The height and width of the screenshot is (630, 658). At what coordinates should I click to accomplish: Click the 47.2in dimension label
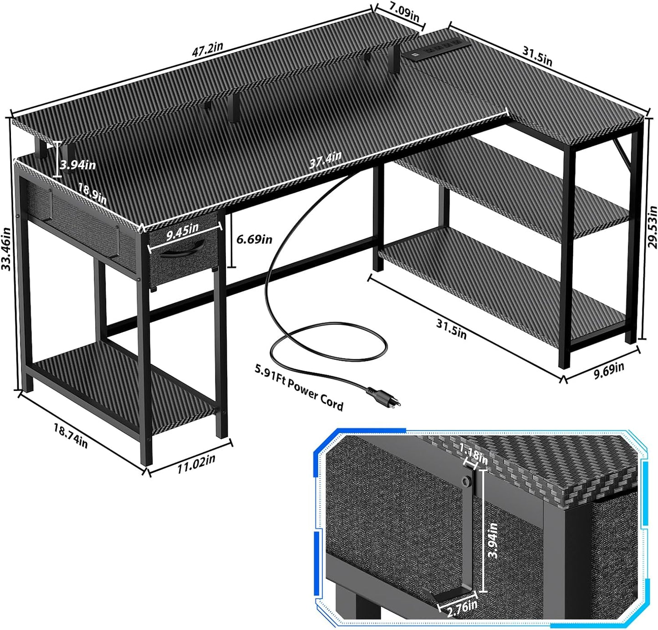207,49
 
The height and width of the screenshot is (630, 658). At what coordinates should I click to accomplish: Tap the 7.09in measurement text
403,11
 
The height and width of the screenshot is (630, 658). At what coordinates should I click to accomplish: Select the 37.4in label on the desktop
325,160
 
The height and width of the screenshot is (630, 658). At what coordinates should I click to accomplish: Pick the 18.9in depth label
92,194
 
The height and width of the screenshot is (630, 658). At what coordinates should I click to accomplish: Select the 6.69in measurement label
255,239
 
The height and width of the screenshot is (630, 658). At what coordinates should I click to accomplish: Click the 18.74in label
71,435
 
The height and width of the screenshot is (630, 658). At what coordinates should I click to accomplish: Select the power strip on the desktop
434,50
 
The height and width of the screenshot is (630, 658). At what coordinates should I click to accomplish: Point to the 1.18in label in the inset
474,455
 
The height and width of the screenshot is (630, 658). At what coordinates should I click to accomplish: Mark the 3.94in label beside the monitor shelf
78,164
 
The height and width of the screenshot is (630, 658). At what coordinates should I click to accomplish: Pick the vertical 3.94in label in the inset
492,539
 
